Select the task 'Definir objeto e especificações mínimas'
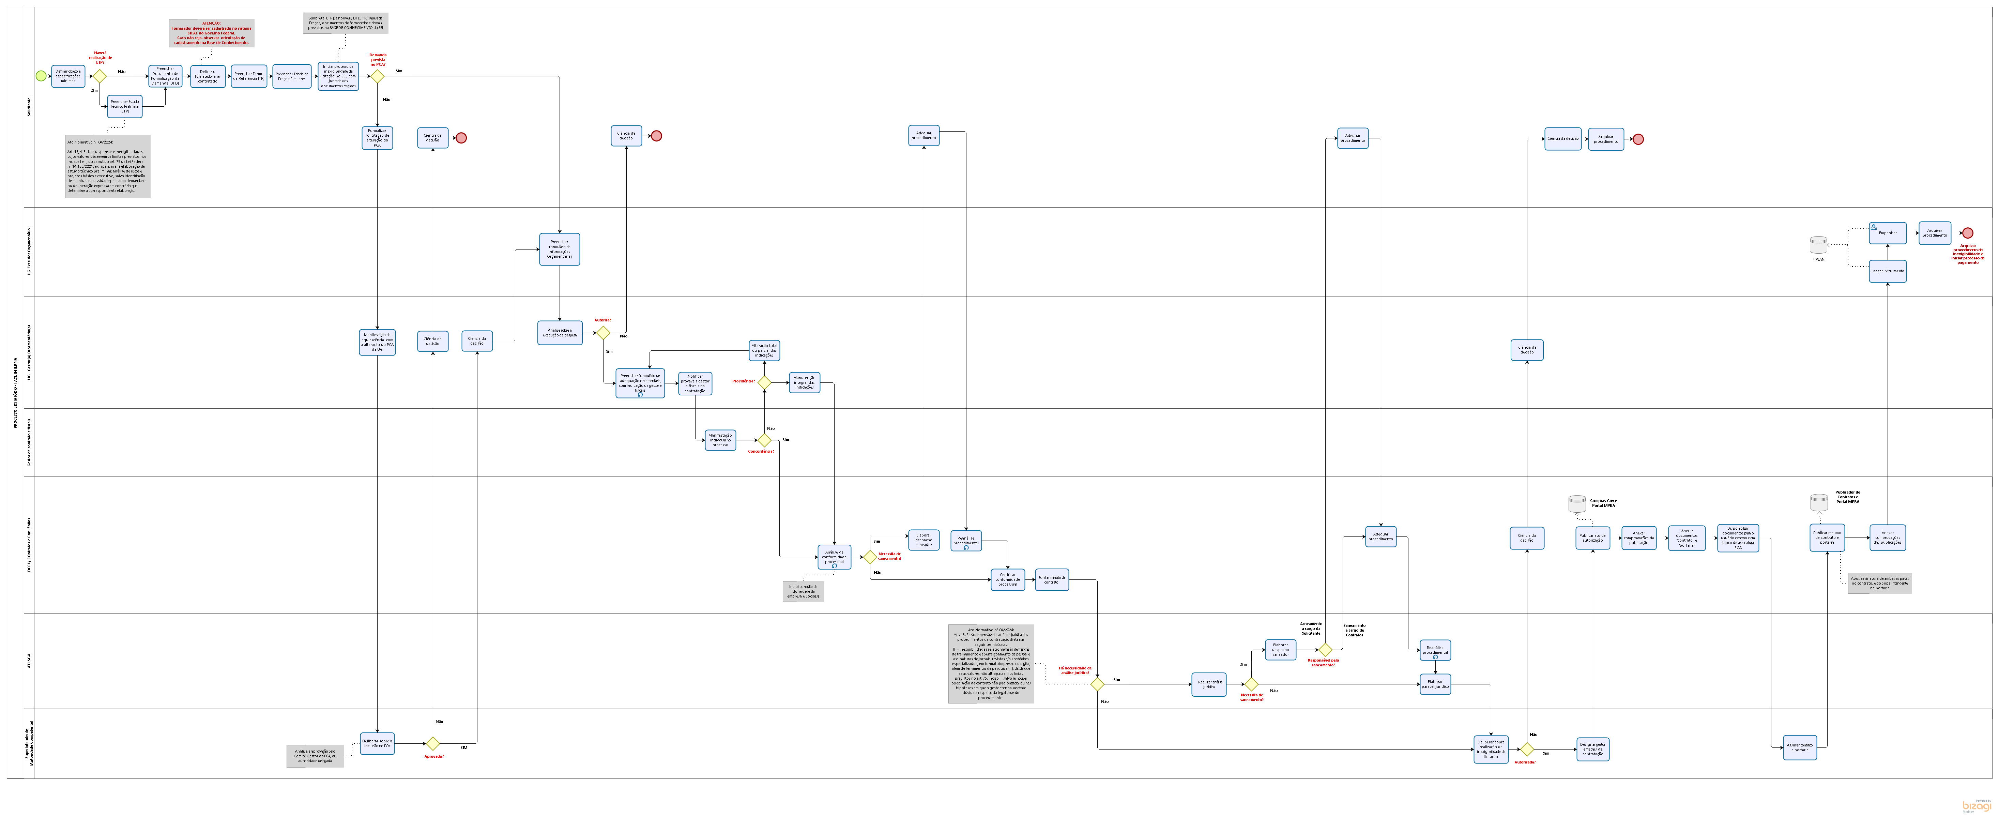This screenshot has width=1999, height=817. [x=68, y=76]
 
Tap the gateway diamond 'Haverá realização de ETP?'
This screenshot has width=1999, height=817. [x=99, y=76]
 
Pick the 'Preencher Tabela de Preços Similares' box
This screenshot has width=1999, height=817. [x=292, y=76]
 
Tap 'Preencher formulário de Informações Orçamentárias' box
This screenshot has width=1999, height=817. [x=560, y=249]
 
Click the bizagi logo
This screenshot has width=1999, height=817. [x=1977, y=806]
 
